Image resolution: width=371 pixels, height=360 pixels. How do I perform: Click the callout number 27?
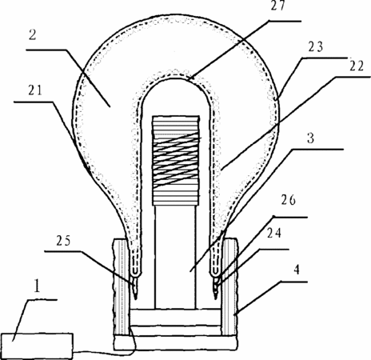pos(278,6)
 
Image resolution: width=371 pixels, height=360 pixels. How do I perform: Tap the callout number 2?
pos(32,35)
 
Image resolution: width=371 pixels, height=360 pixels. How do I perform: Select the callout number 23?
pos(316,46)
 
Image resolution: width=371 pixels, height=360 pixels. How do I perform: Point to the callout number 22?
pos(357,66)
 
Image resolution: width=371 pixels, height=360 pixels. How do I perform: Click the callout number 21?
pos(35,90)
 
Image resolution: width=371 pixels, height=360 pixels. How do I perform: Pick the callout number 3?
pos(310,138)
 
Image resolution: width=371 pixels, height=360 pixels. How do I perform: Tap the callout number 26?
pos(289,199)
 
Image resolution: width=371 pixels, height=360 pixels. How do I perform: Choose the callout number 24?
pos(274,233)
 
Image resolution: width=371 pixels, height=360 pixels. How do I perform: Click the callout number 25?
pos(63,241)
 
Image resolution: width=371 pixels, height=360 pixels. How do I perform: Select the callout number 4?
pos(297,270)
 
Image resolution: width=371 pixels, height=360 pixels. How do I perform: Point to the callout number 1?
pos(37,286)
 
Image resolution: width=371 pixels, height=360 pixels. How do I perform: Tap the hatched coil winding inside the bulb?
pos(176,161)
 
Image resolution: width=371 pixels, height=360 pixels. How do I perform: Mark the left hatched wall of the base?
pos(122,287)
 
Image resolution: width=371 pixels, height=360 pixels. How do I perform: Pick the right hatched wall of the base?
pos(229,287)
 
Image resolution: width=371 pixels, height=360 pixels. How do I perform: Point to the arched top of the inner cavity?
pos(176,79)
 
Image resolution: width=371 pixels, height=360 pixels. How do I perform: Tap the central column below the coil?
pos(175,257)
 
